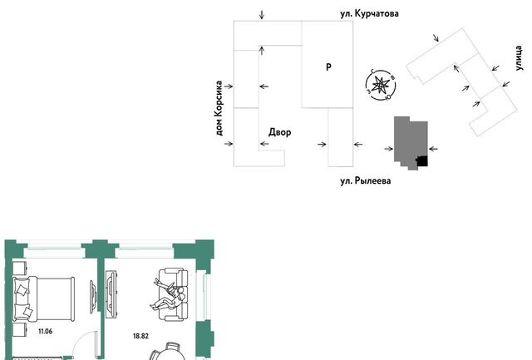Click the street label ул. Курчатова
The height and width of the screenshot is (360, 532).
pos(369,13)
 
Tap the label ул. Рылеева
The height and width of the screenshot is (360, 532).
pos(366,180)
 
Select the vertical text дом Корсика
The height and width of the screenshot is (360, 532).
pos(219,108)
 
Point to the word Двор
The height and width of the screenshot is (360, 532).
pos(280,132)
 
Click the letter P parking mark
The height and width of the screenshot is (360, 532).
pos(328,67)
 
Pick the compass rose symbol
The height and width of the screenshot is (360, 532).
pos(381,85)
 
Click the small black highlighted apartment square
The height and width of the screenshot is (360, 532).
pos(422,161)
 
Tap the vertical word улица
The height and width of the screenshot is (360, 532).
pos(519,58)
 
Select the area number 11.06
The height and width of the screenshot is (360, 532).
pos(46,331)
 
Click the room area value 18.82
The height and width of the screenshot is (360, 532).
pos(140,336)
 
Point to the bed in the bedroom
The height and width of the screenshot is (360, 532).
pos(44,298)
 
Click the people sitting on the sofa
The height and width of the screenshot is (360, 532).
pos(169,293)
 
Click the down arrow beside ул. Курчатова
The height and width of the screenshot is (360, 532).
pos(262,15)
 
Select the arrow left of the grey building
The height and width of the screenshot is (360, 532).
pos(389,149)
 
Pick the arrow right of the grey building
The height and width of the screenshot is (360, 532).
pos(433,149)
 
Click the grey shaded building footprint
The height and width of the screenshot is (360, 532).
pos(411,143)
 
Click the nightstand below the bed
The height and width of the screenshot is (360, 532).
pos(20,330)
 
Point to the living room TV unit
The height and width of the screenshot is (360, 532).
pos(111,293)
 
